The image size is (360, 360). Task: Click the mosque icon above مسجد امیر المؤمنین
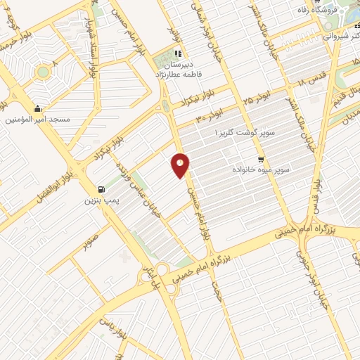[x=37, y=109]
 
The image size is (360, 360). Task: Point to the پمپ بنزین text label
[x=98, y=200]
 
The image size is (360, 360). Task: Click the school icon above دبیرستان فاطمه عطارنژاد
[x=179, y=53]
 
